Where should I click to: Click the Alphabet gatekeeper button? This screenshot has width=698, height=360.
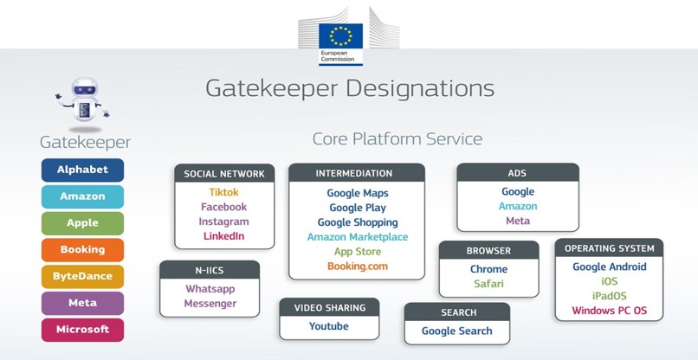click(x=83, y=170)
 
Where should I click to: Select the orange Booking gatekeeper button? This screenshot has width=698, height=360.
click(x=83, y=249)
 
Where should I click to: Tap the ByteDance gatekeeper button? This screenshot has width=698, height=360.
click(x=83, y=276)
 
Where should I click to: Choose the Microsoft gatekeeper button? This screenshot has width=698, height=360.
click(x=83, y=330)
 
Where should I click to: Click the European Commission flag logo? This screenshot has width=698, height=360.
click(x=340, y=44)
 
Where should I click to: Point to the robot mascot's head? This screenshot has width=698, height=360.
click(x=85, y=88)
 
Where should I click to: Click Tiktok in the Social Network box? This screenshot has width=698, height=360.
click(x=224, y=192)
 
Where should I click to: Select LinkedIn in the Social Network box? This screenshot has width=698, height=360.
click(x=224, y=236)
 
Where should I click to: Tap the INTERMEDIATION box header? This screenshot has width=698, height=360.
click(x=357, y=173)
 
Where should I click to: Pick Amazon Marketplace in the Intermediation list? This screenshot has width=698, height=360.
click(x=358, y=237)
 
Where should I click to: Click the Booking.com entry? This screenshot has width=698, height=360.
click(x=358, y=267)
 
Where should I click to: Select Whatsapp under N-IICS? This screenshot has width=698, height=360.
click(x=210, y=289)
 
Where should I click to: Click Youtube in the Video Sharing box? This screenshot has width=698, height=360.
click(x=329, y=326)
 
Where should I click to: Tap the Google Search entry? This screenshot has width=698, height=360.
click(x=456, y=331)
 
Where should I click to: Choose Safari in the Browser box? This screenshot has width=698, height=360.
click(x=488, y=284)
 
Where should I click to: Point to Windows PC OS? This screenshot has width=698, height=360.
click(x=610, y=311)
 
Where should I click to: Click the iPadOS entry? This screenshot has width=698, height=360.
click(x=610, y=296)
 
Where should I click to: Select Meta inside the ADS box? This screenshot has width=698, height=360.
click(x=518, y=221)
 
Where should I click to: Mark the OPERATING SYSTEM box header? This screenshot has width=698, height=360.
click(x=610, y=248)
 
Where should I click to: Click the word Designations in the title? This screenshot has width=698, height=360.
click(x=420, y=88)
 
